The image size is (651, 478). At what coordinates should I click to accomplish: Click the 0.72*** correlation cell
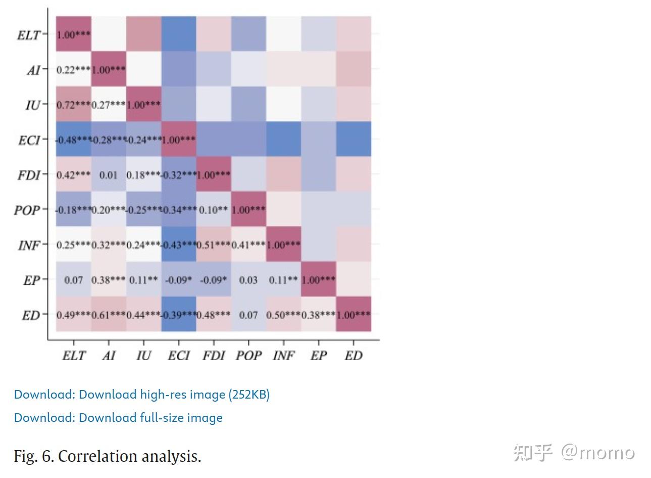(73, 104)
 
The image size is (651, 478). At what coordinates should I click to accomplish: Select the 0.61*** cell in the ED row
(108, 315)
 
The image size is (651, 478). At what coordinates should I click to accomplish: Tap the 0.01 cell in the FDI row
(108, 175)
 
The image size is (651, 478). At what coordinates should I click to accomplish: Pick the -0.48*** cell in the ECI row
(73, 139)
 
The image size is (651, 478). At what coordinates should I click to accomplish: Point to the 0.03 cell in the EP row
(248, 280)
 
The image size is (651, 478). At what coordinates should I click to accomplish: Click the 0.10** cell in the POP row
(214, 209)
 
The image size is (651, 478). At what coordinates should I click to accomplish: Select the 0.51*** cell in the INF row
(214, 245)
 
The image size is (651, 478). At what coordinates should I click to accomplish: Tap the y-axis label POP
(27, 210)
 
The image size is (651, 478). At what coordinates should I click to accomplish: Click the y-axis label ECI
(29, 140)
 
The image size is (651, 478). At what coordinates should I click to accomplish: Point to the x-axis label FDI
(214, 356)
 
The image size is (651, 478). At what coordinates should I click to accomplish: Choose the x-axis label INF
(283, 356)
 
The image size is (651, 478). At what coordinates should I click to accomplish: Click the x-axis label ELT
(74, 356)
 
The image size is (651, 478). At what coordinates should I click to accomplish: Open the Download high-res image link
(141, 395)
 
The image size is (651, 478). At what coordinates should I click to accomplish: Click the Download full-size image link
(118, 418)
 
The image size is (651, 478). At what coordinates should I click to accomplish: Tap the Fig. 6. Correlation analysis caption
(107, 456)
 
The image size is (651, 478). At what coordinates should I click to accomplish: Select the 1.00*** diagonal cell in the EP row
(318, 280)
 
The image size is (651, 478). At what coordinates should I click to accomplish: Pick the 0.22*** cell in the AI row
(73, 69)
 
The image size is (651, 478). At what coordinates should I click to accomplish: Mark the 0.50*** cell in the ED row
(283, 315)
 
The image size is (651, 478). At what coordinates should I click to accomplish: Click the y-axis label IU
(33, 105)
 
